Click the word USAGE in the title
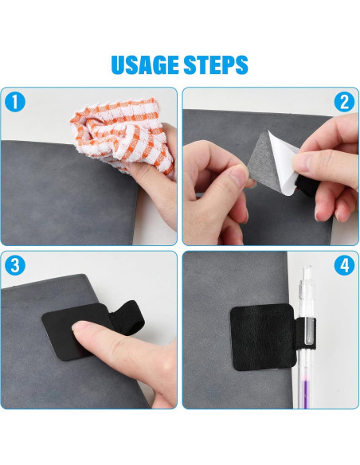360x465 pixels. click(x=145, y=64)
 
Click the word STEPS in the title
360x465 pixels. click(x=216, y=64)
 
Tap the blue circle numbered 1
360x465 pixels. click(x=15, y=102)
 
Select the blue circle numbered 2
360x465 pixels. click(x=344, y=102)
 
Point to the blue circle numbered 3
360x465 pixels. click(x=15, y=266)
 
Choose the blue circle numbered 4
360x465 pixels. click(x=344, y=266)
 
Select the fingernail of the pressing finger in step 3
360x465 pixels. click(x=80, y=326)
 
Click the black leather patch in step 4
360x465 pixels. click(x=263, y=338)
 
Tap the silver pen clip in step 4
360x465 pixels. click(x=307, y=330)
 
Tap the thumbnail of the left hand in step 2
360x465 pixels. click(x=240, y=175)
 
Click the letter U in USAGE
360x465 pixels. click(x=118, y=65)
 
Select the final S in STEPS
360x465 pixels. click(x=241, y=65)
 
